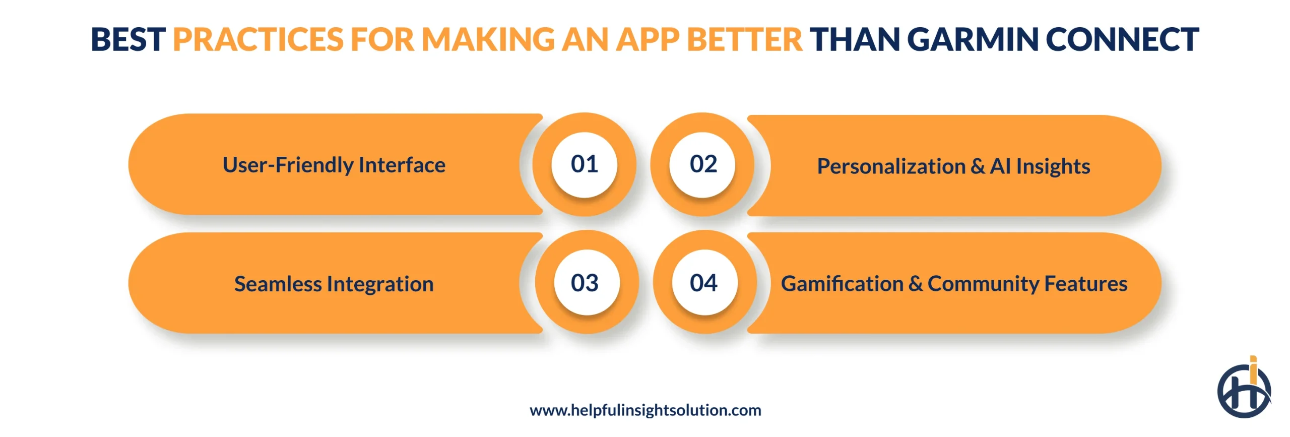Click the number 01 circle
(x=584, y=164)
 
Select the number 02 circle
(x=703, y=164)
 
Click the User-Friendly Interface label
(x=334, y=165)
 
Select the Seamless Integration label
(x=334, y=284)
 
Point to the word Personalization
(x=891, y=166)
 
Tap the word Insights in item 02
(x=1053, y=166)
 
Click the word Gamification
(x=842, y=284)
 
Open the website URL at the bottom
(x=645, y=410)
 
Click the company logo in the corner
(x=1244, y=389)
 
